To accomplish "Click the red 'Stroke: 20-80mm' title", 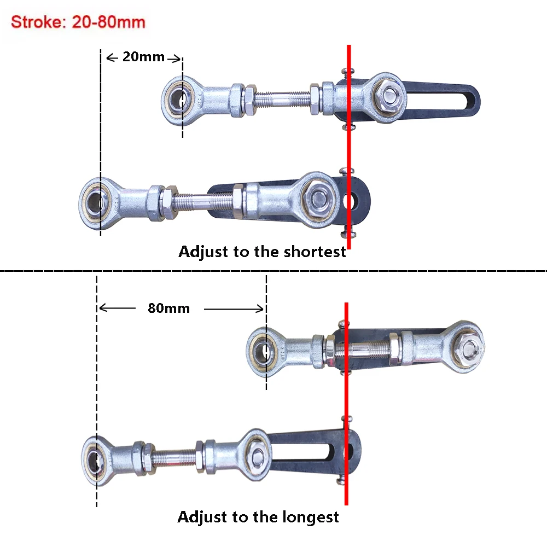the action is [78, 22].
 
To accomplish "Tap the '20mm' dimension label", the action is [143, 56].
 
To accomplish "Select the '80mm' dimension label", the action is [168, 308].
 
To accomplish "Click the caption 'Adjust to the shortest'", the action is [262, 252].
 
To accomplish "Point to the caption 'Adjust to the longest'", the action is [258, 517].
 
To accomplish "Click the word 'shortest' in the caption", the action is [315, 252].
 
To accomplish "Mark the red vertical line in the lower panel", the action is [346, 405].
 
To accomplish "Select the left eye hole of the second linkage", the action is [98, 201].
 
